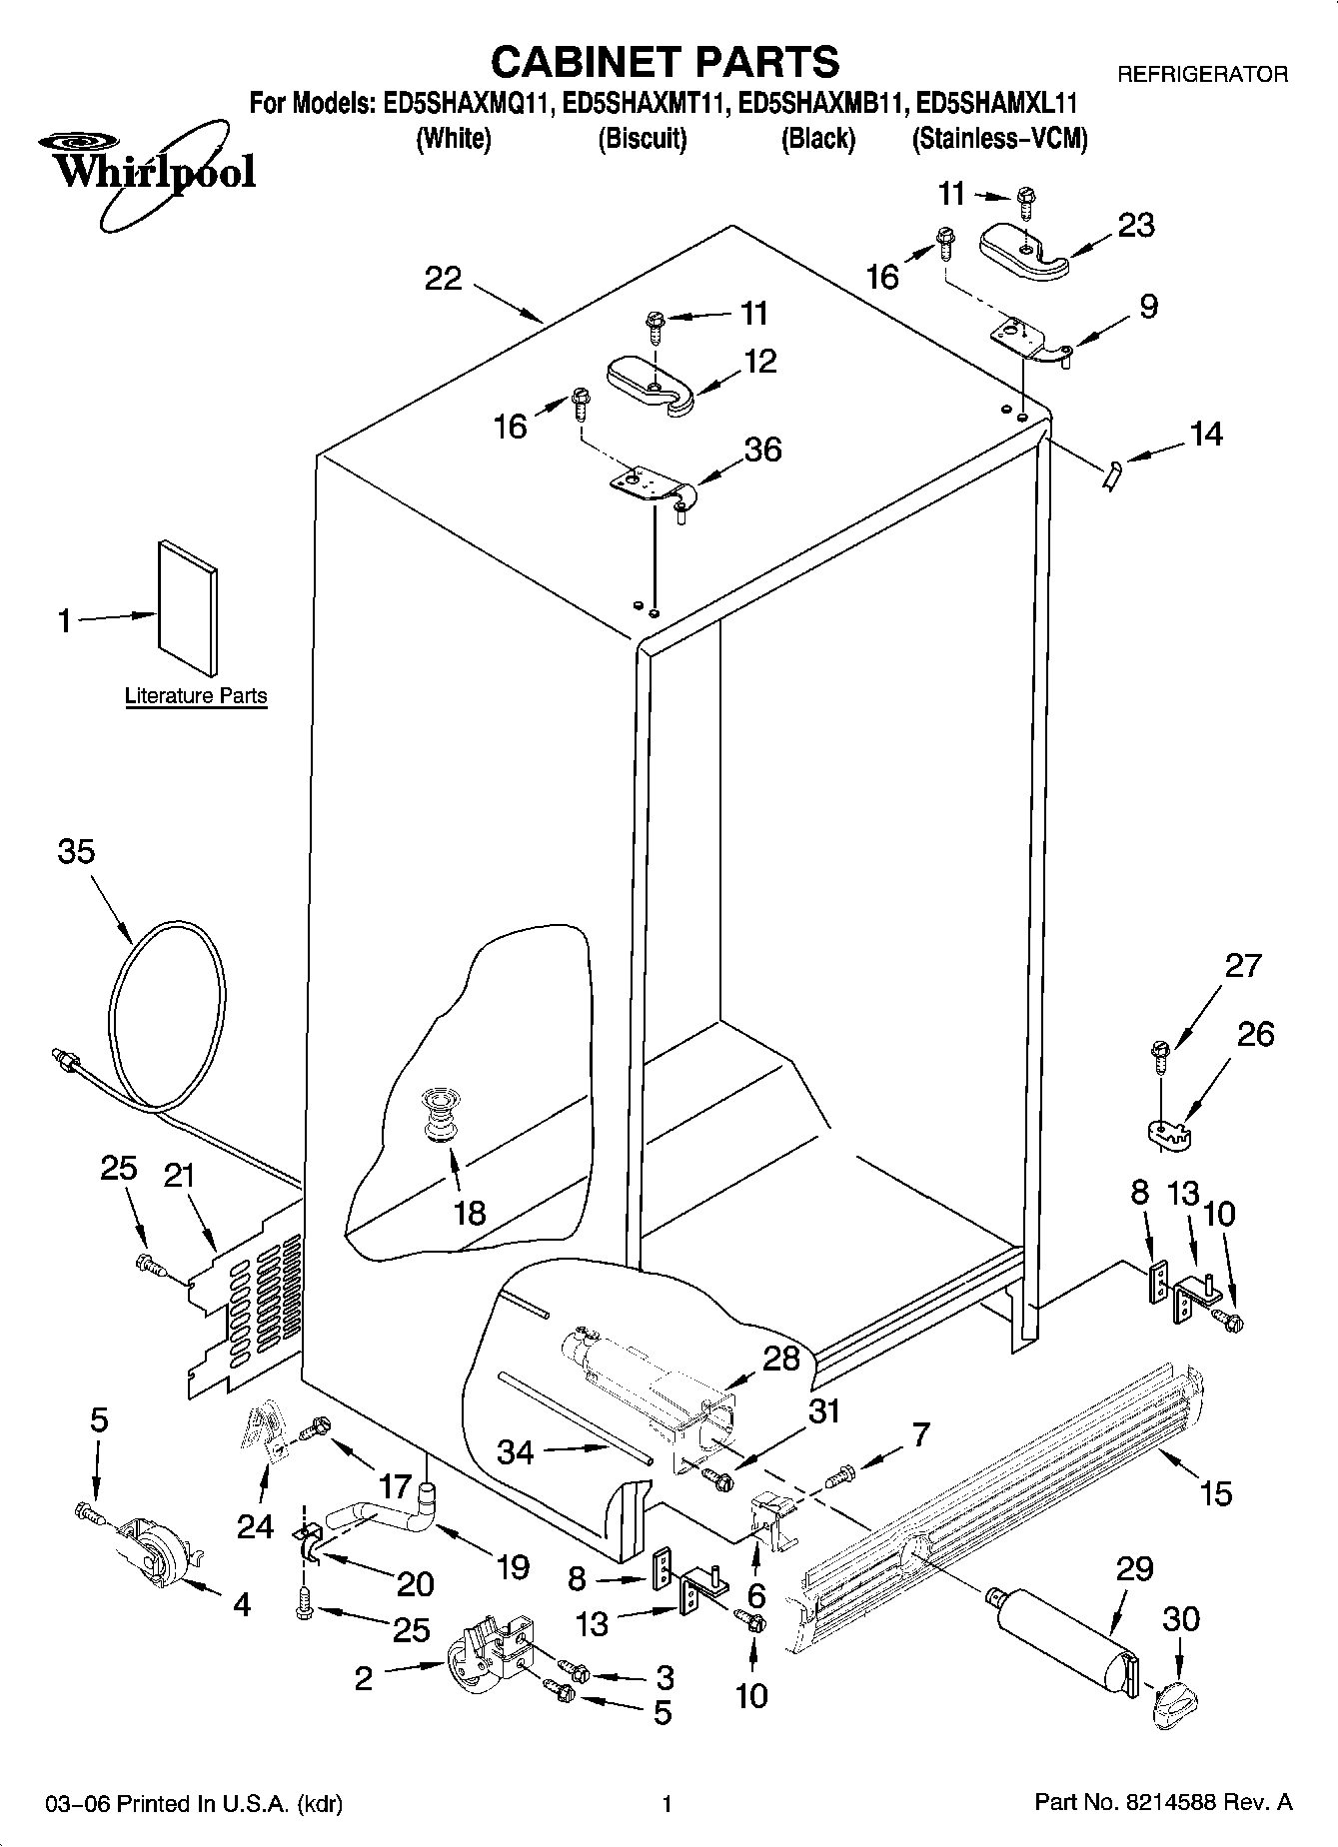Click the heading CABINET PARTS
[x=666, y=61]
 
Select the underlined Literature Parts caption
[x=196, y=696]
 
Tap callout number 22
[x=443, y=278]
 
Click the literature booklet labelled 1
[x=187, y=609]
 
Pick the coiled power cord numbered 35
[x=165, y=1009]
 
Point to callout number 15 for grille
[x=1216, y=1494]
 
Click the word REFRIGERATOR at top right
[x=1202, y=74]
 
